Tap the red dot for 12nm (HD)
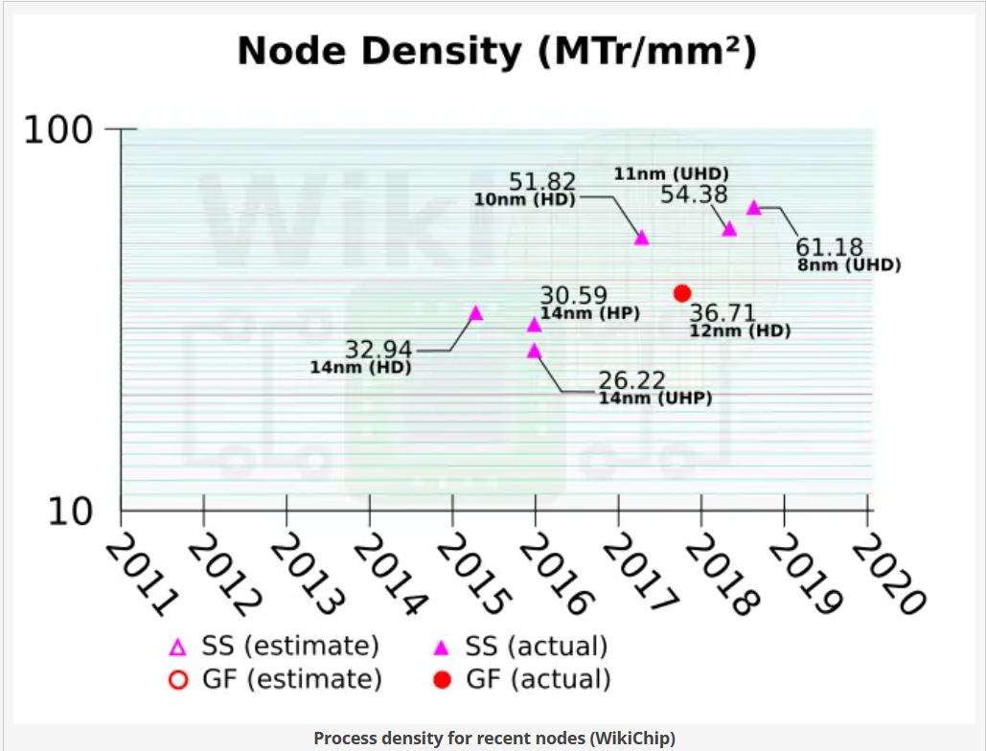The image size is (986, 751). [682, 293]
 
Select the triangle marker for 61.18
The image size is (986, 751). [754, 207]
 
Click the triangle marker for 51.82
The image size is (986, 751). [642, 238]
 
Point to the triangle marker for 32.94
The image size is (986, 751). [475, 313]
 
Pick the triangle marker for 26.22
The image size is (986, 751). [535, 351]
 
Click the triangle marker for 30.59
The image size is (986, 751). [535, 325]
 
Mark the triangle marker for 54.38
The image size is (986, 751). [729, 229]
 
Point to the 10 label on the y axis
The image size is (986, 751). [70, 512]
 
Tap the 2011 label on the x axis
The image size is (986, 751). [139, 575]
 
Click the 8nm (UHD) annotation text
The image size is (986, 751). [849, 265]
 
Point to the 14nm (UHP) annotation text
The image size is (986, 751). [655, 398]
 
